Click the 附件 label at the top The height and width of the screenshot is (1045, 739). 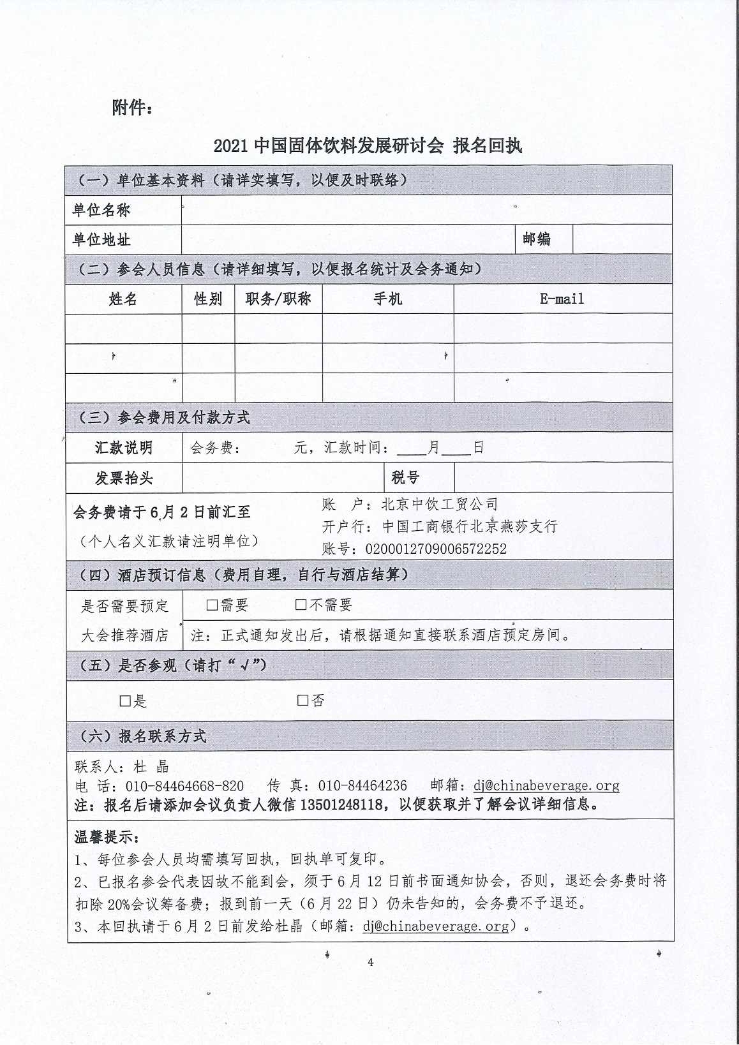click(x=132, y=108)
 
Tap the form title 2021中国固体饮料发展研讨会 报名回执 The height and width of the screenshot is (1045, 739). click(x=368, y=146)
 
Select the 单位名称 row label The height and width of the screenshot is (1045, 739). click(x=101, y=210)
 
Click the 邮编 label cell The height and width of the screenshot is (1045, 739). click(x=537, y=239)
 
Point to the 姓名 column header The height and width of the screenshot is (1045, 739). click(x=123, y=299)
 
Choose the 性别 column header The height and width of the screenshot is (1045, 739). click(x=208, y=299)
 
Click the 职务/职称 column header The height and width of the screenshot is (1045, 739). click(x=278, y=299)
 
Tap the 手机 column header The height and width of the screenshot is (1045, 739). click(x=388, y=299)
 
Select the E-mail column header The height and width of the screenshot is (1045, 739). click(x=562, y=299)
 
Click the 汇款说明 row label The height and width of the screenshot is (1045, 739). click(x=124, y=447)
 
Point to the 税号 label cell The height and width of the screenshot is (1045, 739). click(x=405, y=478)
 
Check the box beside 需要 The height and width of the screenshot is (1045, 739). click(x=213, y=605)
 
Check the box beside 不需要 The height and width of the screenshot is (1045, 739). click(x=301, y=605)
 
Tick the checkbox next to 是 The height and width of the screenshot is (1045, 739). click(x=126, y=701)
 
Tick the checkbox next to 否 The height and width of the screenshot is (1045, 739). click(x=303, y=700)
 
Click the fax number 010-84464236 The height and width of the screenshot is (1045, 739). click(x=362, y=785)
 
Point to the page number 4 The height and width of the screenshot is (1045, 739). click(x=370, y=963)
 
